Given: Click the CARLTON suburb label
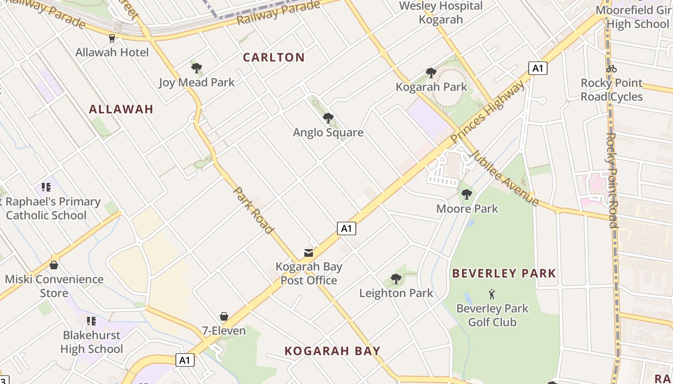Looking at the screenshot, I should tap(274, 57).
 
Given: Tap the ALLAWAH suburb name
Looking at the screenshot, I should tap(121, 109).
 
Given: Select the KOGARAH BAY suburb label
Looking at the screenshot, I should tap(332, 351).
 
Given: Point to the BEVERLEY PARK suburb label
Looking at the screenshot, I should tap(504, 274).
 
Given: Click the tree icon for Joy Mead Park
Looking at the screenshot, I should tap(196, 68).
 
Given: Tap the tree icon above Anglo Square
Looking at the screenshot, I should tap(328, 118).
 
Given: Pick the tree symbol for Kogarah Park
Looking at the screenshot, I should tap(431, 73).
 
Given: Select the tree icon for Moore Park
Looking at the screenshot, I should tap(466, 194).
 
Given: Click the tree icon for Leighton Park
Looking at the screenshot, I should tap(396, 278).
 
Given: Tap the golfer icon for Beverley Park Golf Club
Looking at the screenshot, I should tap(492, 294).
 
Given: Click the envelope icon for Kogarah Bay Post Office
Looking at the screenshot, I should tap(309, 252).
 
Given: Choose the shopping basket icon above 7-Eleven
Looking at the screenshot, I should tap(224, 316).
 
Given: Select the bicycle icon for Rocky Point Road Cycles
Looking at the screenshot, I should tap(611, 69).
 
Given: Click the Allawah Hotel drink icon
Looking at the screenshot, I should tap(112, 38).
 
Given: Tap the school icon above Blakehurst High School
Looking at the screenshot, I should tap(91, 321).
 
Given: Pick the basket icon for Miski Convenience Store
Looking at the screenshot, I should tap(54, 265).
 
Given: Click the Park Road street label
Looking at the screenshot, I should tap(253, 210).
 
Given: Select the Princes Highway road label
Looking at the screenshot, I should tap(487, 112).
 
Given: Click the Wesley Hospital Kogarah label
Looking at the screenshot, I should tap(441, 13).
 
